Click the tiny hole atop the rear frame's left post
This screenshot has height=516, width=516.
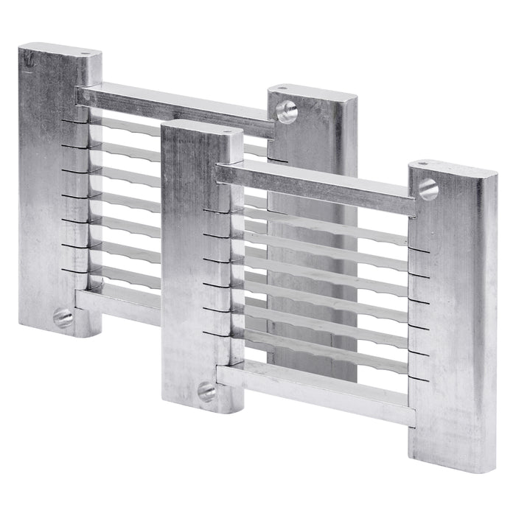pos(88,54)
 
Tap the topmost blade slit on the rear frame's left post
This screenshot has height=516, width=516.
pos(74,120)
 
